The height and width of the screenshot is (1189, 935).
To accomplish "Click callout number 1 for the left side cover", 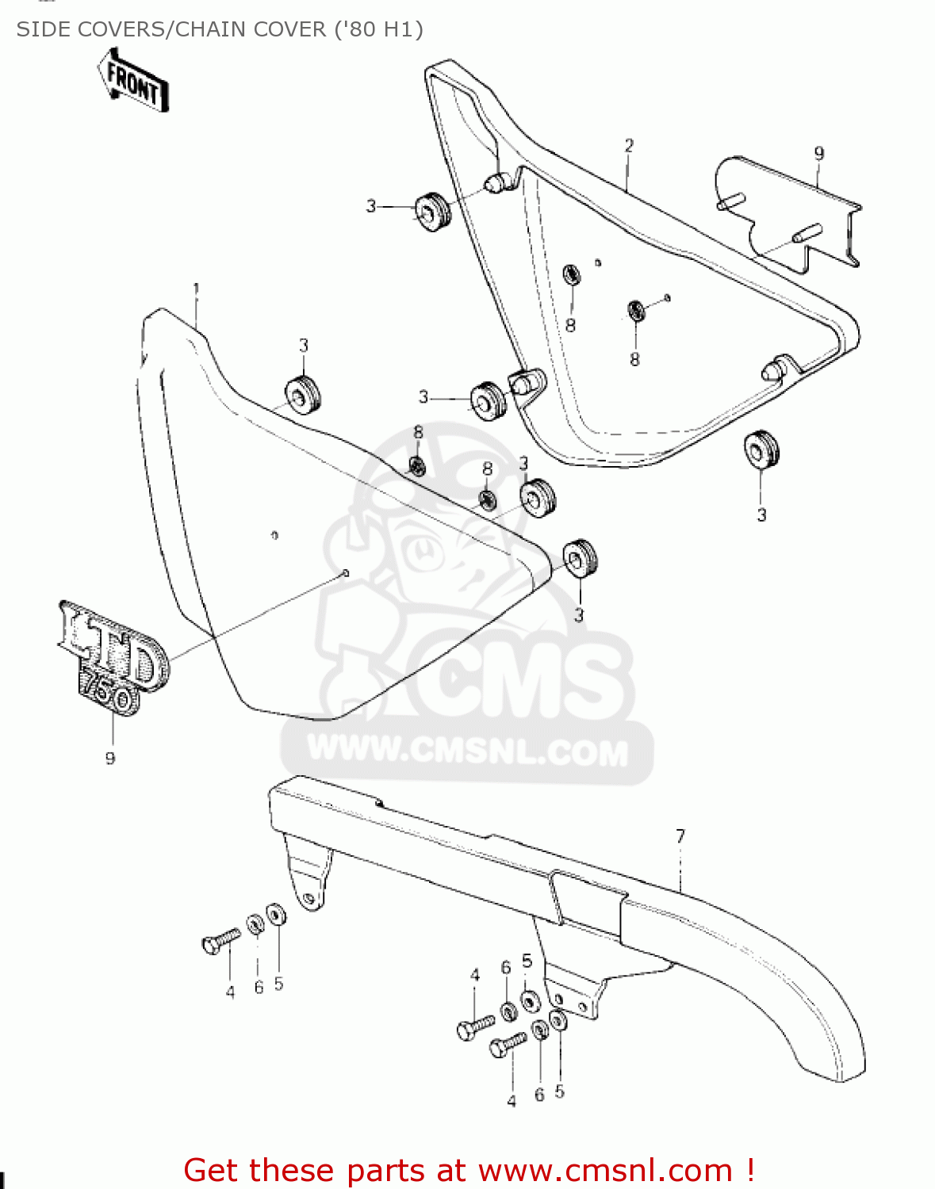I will click(x=196, y=289).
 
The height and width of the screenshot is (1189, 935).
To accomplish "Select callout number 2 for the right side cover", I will click(x=629, y=146).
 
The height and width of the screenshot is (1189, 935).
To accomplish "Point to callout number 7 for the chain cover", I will click(x=680, y=836).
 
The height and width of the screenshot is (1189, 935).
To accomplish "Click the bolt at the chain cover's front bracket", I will click(x=221, y=940).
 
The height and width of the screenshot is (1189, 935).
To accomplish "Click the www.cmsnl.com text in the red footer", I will click(x=605, y=1171).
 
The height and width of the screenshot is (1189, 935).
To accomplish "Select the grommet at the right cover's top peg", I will click(x=432, y=211).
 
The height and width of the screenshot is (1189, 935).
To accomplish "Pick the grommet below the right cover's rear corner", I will click(x=761, y=449).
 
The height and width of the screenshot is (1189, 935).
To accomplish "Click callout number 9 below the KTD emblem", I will click(x=110, y=759).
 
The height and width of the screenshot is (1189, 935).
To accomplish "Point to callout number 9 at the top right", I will click(x=819, y=154).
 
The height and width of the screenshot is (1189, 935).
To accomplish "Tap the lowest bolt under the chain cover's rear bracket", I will click(x=508, y=1046).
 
